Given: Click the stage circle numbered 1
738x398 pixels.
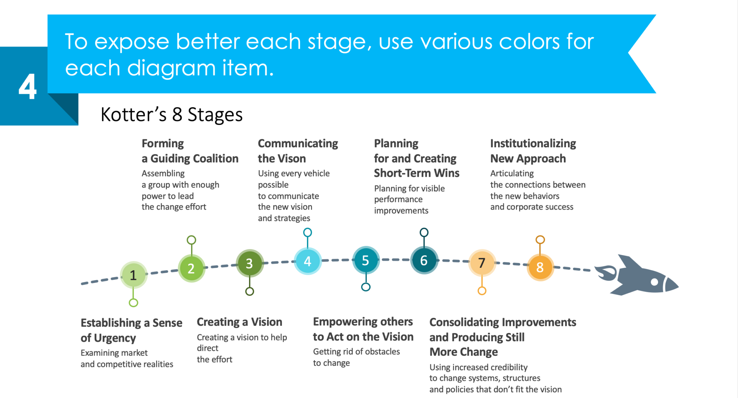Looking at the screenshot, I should coord(133,275).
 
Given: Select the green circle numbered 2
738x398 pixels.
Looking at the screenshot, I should coord(191,268).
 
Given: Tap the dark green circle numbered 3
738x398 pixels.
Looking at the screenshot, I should coord(249,263).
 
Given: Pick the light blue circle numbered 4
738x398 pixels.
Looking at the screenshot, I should coord(307,261).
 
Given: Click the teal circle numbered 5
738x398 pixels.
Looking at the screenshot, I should coord(365,260).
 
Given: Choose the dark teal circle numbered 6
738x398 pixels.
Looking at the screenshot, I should coord(424,260).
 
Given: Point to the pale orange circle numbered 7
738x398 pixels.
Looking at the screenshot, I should coord(482,263).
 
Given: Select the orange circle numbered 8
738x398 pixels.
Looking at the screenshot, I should coord(540,267).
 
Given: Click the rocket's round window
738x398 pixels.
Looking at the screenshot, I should coord(654,282).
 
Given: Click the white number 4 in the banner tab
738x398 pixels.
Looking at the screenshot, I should coord(27,87).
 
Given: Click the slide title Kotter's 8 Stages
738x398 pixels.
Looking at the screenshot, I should coord(172,115).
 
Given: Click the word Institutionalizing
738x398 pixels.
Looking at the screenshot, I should coord(533,143).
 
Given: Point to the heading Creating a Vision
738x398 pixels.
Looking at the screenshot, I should coord(239,322).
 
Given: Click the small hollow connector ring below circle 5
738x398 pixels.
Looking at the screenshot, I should coord(366,287).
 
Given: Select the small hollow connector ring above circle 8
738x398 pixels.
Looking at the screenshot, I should coord(540,240).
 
